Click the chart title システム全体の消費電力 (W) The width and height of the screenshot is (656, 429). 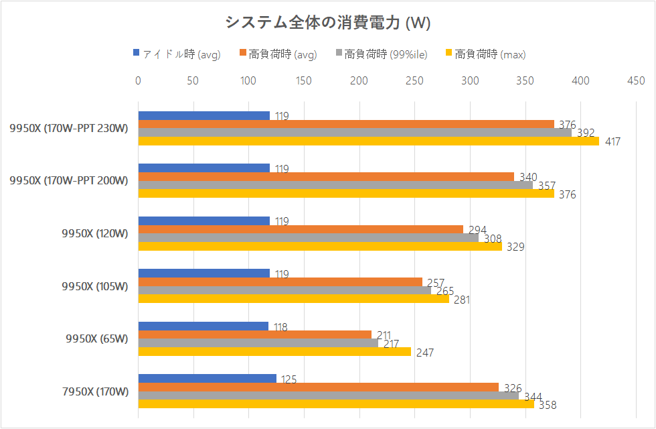327,23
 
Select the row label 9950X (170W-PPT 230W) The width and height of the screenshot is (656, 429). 68,128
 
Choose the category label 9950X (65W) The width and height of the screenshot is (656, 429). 96,339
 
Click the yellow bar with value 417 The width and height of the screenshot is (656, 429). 368,141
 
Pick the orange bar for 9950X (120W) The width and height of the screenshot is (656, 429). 301,229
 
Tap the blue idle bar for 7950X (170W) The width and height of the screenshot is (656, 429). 207,378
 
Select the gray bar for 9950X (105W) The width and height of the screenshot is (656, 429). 284,290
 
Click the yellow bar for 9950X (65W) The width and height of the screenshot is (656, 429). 274,351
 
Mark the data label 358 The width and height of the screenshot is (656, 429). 548,405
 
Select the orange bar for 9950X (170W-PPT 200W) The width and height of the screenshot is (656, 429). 326,176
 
